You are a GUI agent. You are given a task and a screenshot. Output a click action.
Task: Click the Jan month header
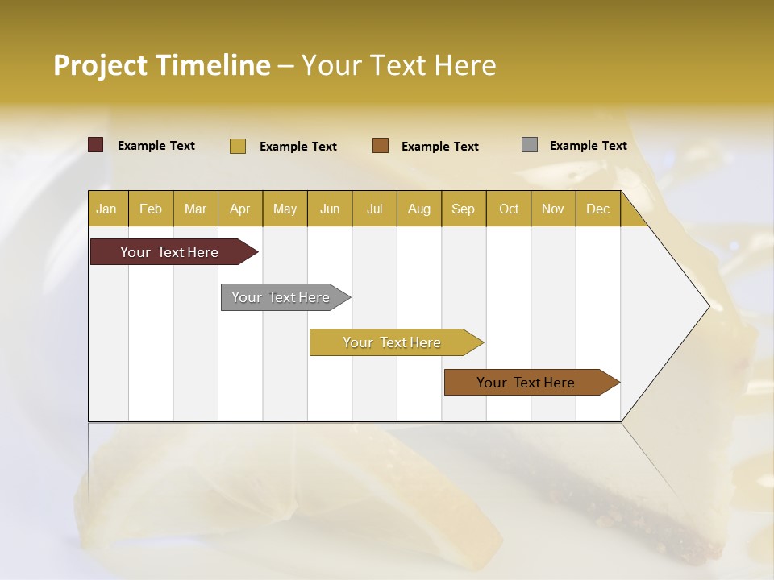(x=106, y=209)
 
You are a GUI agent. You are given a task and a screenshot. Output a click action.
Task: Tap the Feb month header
(x=151, y=209)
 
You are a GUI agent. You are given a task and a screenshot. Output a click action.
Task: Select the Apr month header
(x=239, y=209)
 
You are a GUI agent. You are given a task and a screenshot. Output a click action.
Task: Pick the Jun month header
(x=330, y=209)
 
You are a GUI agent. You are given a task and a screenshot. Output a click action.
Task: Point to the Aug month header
(x=419, y=209)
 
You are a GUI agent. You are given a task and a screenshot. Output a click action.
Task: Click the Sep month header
(x=463, y=209)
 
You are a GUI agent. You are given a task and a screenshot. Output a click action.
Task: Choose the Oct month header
(x=509, y=209)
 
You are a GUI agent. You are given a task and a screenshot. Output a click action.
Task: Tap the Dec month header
(x=597, y=209)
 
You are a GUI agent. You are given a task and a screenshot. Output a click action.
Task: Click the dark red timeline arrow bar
(x=170, y=252)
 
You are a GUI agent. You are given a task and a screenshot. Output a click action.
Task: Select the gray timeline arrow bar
(x=281, y=297)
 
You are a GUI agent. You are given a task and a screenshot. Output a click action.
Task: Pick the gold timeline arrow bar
(x=393, y=342)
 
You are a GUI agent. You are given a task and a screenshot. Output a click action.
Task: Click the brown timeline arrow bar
(x=526, y=383)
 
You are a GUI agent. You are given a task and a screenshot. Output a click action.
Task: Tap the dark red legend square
(x=95, y=145)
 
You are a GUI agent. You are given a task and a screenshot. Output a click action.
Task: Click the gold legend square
(x=237, y=146)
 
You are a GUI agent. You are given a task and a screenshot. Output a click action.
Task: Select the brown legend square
(x=381, y=145)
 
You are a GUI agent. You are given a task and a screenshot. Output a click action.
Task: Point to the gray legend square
(x=530, y=145)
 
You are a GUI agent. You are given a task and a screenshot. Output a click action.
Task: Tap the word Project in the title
(x=101, y=65)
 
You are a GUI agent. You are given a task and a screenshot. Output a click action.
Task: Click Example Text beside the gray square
(x=588, y=145)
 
